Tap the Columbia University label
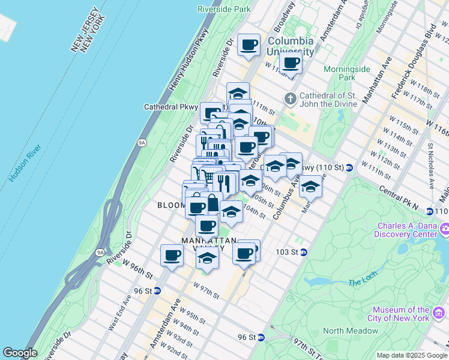coord(291,46)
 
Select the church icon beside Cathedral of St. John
coord(290,98)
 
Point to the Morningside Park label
coord(347,73)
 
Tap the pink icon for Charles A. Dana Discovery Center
coord(445,229)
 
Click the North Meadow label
coord(350,331)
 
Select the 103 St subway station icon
coord(304,252)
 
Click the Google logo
coord(19,353)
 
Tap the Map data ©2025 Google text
coord(412,355)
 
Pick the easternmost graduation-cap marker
coord(310,186)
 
